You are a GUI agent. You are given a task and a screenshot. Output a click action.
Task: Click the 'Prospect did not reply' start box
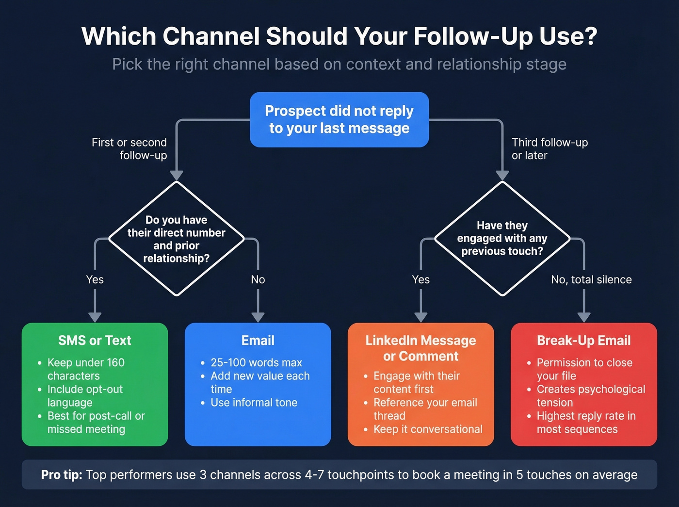339,119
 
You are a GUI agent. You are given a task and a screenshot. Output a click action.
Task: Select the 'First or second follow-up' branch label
129,148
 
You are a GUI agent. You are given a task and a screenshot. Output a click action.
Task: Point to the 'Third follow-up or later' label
550,148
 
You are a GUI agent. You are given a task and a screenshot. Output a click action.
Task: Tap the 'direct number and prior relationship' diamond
177,239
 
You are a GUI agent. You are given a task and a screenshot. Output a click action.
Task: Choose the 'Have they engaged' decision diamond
502,238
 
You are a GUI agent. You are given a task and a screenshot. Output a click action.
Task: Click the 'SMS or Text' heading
95,341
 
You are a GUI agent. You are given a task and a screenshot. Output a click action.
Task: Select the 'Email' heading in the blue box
258,341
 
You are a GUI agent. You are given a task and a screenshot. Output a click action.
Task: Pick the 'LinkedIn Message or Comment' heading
420,348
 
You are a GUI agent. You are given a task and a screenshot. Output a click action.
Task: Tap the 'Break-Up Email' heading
583,341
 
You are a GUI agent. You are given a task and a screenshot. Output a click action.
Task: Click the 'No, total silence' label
591,279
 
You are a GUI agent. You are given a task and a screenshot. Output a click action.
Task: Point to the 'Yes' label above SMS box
95,279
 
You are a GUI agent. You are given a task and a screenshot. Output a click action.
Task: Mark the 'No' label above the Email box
258,279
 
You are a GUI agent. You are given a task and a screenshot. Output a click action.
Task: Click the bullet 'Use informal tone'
254,403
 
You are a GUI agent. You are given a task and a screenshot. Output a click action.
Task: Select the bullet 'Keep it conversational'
428,429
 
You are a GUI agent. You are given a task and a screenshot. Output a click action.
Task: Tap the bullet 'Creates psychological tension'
590,396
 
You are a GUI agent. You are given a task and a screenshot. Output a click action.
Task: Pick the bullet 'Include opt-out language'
85,396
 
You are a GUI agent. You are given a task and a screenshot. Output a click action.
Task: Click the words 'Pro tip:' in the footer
62,474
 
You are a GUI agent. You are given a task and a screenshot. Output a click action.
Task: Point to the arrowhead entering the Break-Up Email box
584,317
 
